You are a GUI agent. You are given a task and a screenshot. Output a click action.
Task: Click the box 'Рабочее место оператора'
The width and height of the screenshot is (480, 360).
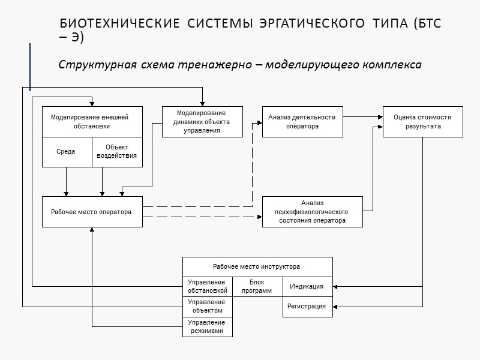[x=92, y=212]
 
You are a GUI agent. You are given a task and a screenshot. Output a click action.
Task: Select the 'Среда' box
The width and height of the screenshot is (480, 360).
[x=66, y=152]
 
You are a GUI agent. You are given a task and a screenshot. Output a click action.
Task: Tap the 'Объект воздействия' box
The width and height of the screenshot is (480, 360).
[x=117, y=152]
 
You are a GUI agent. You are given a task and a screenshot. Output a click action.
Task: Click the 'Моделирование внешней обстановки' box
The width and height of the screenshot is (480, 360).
[x=92, y=122]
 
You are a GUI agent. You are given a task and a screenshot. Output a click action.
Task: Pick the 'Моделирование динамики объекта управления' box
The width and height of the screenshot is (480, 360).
[x=202, y=122]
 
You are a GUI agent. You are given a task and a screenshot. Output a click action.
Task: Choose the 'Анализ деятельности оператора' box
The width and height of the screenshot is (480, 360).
[x=302, y=122]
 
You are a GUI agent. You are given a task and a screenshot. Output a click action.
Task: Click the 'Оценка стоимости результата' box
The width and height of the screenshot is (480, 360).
[x=422, y=122]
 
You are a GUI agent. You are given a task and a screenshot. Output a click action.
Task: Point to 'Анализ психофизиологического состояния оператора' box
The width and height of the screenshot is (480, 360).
[x=312, y=212]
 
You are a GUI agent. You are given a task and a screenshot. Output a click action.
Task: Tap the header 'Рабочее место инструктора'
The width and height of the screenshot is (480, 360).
[x=257, y=266]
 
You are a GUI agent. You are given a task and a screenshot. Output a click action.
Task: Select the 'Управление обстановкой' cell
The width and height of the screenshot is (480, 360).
[x=207, y=286]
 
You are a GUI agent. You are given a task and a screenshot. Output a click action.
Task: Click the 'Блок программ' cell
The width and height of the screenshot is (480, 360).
[x=257, y=286]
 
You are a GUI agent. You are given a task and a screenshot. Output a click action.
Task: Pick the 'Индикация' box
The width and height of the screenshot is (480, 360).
[x=307, y=286]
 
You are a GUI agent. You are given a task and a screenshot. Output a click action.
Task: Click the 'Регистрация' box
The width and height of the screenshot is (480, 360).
[x=307, y=307]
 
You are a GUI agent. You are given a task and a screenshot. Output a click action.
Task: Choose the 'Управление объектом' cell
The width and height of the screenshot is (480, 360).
[x=207, y=306]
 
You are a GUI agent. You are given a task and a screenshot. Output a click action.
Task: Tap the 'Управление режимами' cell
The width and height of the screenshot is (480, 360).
[x=207, y=326]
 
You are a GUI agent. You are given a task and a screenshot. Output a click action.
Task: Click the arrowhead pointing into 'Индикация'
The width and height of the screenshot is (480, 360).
[x=336, y=286]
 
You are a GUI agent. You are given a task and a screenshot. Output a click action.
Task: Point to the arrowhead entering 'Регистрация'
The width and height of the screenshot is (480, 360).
[x=336, y=307]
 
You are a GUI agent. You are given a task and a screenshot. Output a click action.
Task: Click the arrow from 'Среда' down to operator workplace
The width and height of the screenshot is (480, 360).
[x=66, y=181]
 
